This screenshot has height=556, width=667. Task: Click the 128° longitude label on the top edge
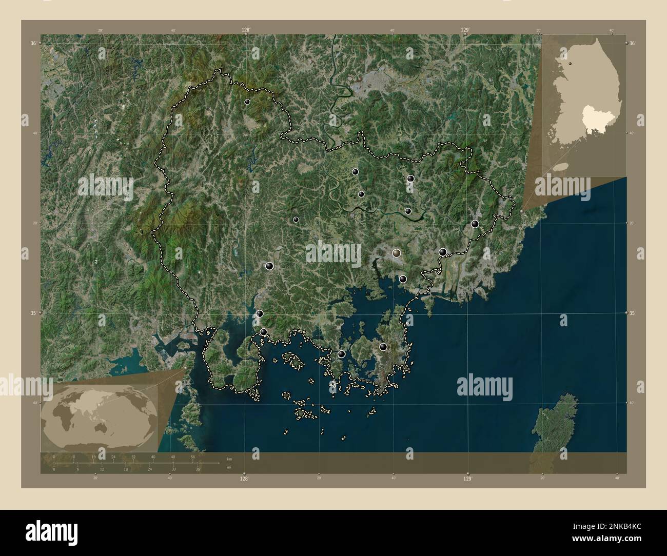(246, 30)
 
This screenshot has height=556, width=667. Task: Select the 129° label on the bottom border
(467, 479)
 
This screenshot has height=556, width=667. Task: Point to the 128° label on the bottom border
(244, 479)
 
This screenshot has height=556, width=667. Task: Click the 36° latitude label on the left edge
(33, 44)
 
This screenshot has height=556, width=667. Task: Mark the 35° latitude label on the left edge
(33, 312)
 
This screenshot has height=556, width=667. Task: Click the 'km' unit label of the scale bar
(229, 458)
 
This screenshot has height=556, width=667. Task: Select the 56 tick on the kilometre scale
(193, 456)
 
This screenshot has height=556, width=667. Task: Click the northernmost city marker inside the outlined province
(247, 102)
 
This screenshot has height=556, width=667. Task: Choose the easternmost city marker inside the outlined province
(475, 224)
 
